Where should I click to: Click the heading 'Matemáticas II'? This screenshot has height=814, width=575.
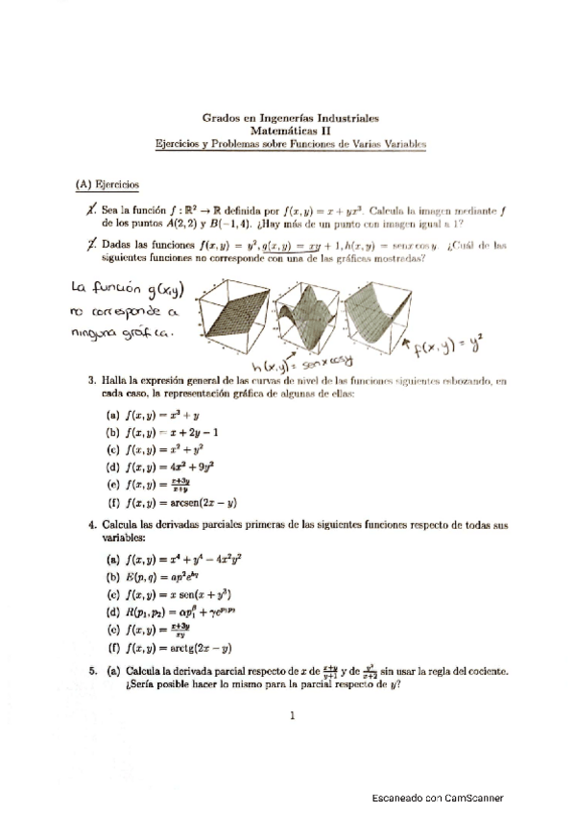[x=290, y=130]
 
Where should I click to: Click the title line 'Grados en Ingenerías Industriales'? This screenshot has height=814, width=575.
[x=290, y=117]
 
